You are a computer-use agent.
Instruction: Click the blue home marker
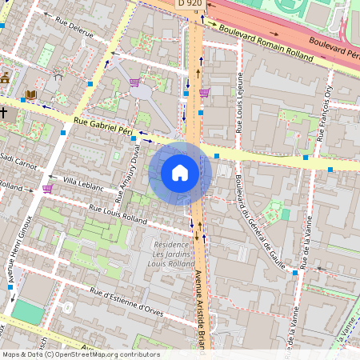[x=180, y=173]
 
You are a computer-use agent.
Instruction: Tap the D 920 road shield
[x=190, y=4]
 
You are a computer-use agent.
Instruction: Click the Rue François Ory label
[x=324, y=116]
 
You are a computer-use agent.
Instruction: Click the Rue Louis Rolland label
[x=118, y=214]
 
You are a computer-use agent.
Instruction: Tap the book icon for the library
[x=31, y=95]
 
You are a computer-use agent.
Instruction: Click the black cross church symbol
[x=4, y=113]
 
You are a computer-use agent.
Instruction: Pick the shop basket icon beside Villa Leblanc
[x=47, y=189]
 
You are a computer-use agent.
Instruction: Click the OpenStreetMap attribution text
[x=81, y=354]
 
